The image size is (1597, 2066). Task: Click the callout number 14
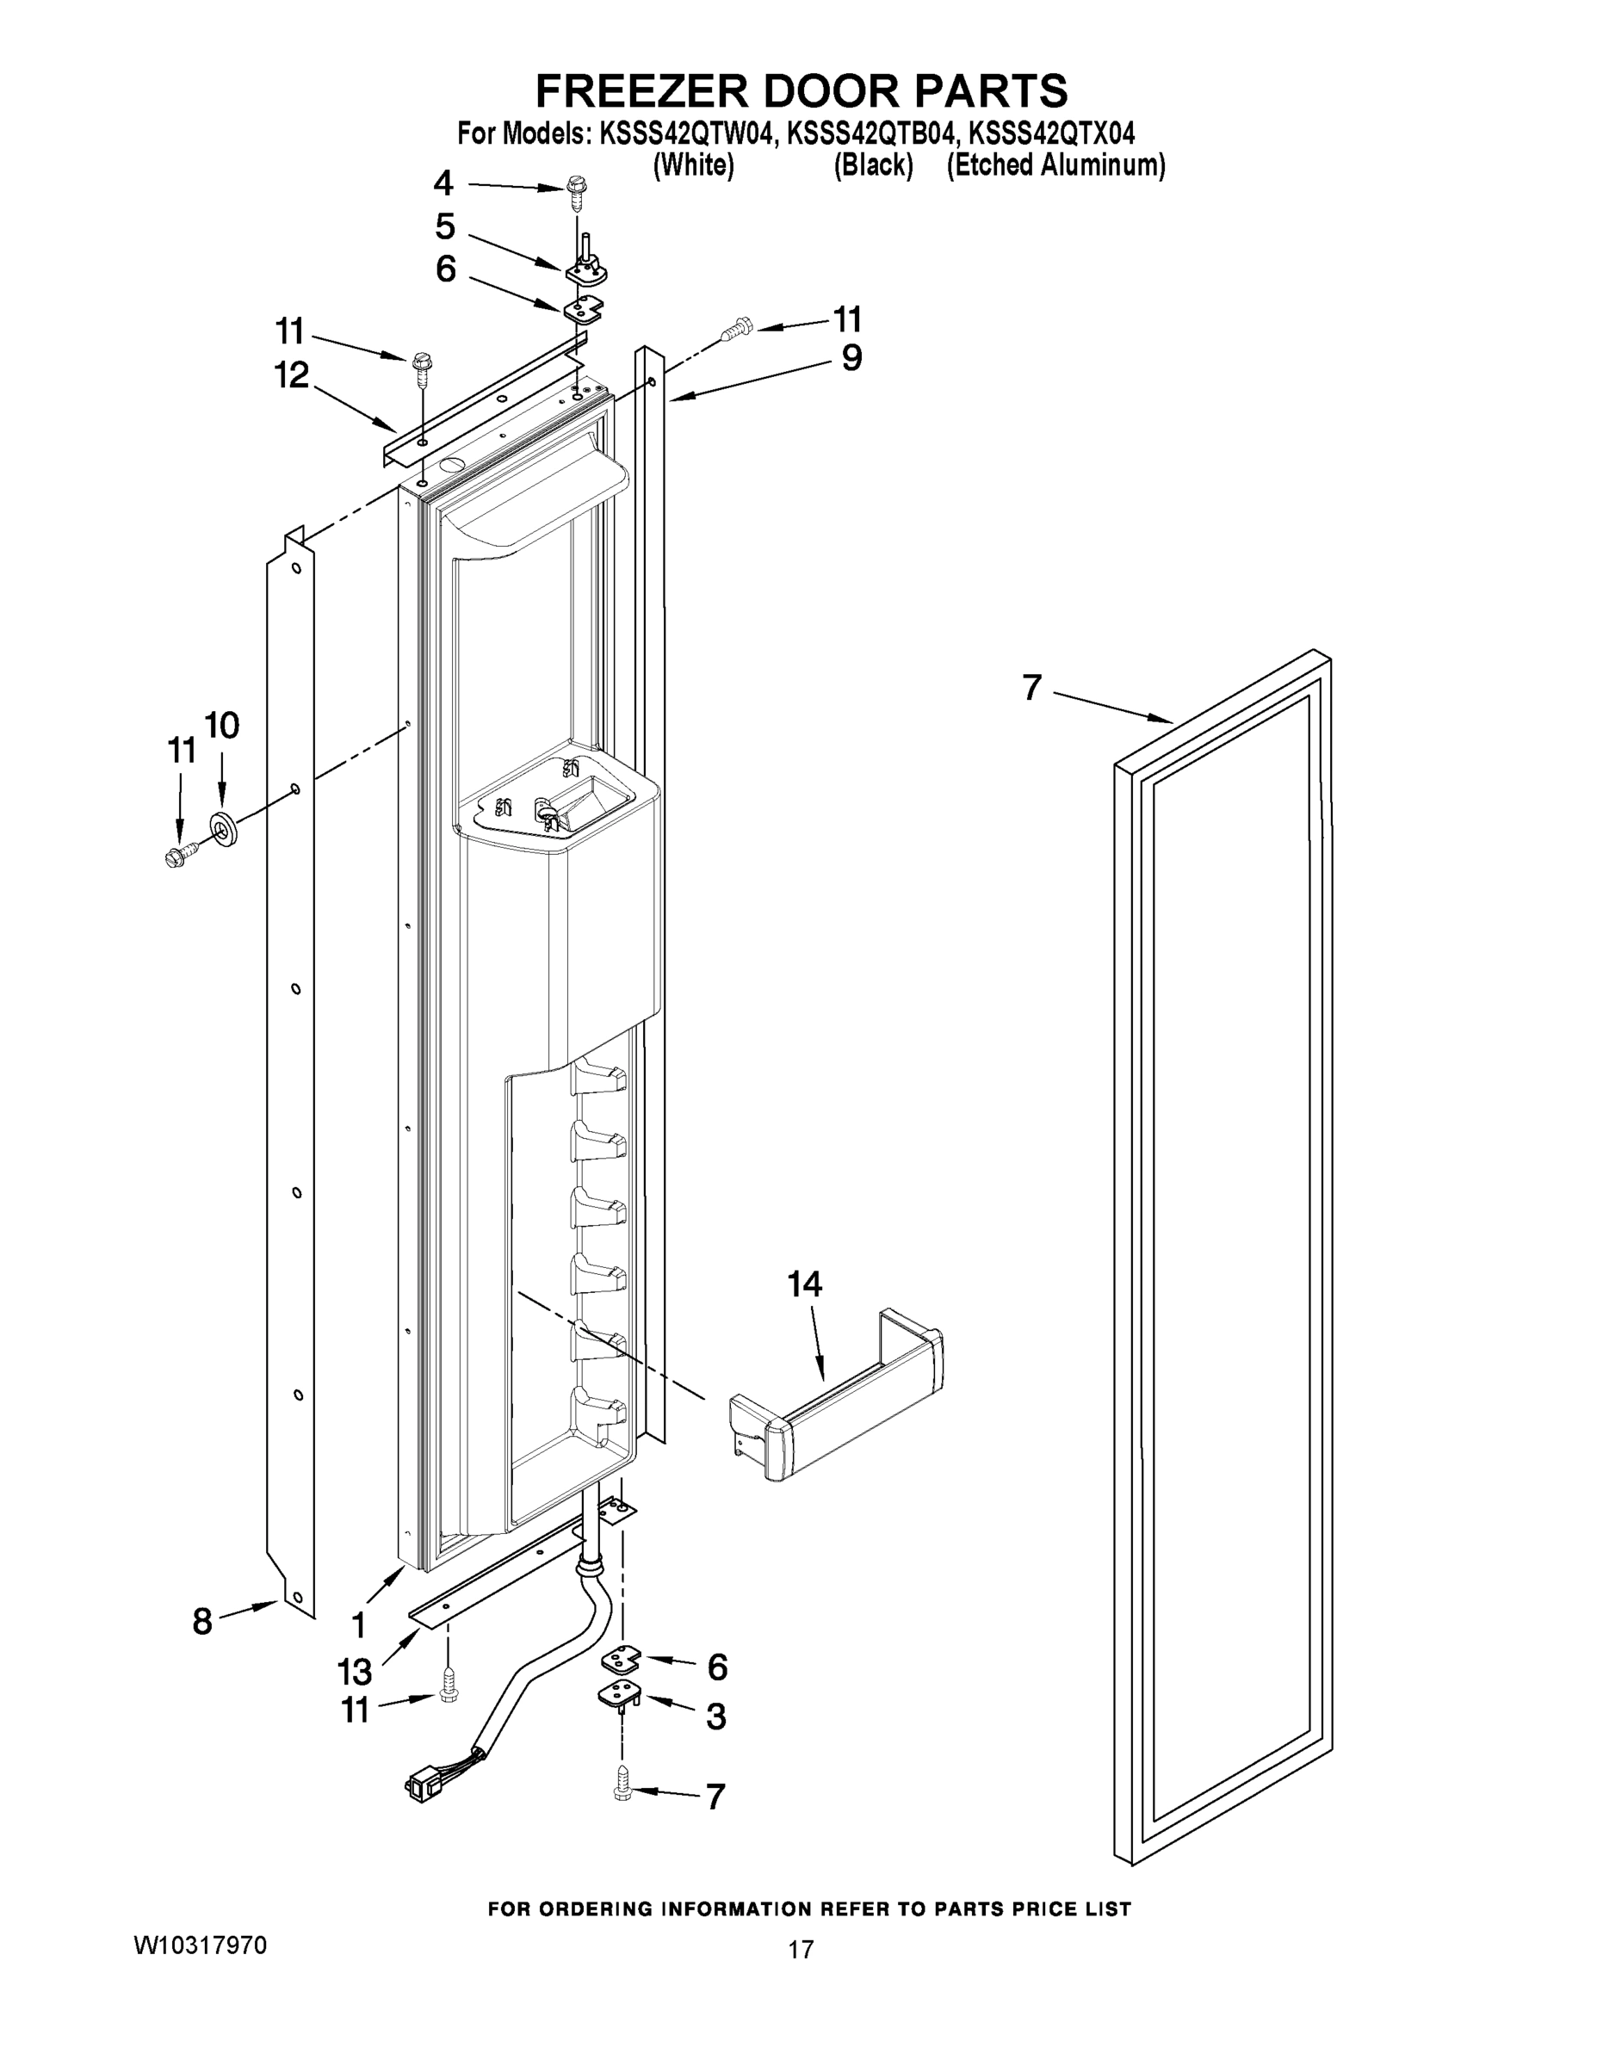click(x=804, y=1284)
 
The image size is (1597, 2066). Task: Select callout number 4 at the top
click(x=443, y=182)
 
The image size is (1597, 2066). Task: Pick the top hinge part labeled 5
click(x=586, y=267)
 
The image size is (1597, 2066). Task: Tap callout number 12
click(x=291, y=375)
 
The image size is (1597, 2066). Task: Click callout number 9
click(x=851, y=358)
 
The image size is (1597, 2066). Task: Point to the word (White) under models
click(x=694, y=165)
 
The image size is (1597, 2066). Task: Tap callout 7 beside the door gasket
click(x=1032, y=688)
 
